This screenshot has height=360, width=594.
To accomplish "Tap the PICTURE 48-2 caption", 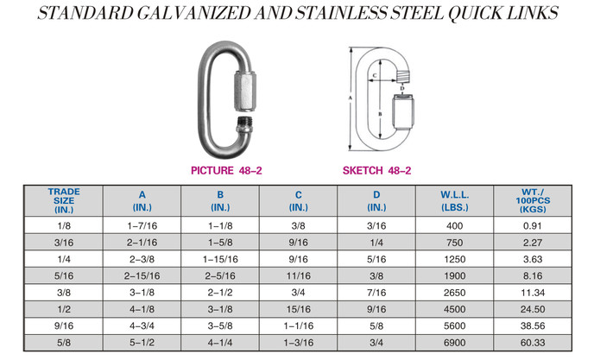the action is [x=226, y=171].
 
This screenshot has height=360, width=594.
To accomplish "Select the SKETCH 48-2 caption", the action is [x=376, y=171].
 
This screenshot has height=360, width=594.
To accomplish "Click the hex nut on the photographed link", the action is [x=245, y=92].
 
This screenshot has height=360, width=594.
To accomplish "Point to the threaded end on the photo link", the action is [x=244, y=124].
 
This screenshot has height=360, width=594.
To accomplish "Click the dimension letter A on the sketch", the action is [x=351, y=98].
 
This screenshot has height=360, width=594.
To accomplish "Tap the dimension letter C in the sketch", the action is [x=375, y=75].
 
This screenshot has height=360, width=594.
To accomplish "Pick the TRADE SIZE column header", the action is [x=64, y=200].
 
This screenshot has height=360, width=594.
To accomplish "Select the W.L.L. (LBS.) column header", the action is [x=455, y=201].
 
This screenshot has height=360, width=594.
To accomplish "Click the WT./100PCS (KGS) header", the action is [x=533, y=200].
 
